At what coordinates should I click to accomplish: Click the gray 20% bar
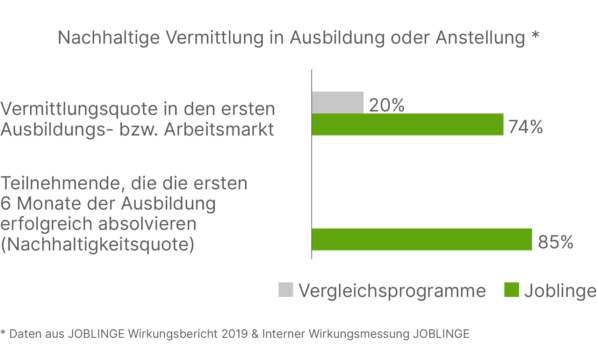click(x=337, y=102)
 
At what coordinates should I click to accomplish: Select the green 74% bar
click(x=407, y=124)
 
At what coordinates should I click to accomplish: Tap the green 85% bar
click(x=422, y=239)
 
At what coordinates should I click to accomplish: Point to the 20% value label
click(x=387, y=105)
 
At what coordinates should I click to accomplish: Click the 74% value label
click(x=525, y=127)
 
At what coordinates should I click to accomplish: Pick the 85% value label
click(x=555, y=242)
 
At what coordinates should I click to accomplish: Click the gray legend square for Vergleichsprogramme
click(x=286, y=290)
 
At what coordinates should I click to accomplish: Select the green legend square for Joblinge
click(x=511, y=290)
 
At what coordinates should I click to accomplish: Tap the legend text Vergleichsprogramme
click(x=392, y=291)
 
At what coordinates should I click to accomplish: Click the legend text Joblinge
click(x=560, y=291)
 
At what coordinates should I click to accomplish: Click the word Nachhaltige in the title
click(x=109, y=38)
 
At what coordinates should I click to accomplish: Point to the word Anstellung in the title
click(x=480, y=38)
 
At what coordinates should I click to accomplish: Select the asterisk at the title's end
click(x=535, y=36)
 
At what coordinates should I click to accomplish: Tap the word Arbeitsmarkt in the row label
click(x=219, y=129)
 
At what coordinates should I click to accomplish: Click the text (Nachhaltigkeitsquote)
click(x=97, y=244)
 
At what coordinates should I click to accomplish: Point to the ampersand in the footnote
click(x=255, y=334)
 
